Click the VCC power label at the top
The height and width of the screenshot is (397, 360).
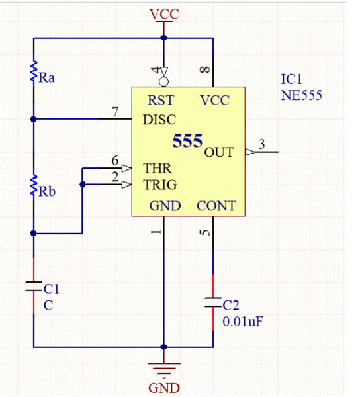[163, 14]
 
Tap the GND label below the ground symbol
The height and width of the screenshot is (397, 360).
[163, 388]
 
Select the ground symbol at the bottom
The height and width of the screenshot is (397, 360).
[163, 368]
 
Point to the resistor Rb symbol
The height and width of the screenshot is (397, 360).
[33, 187]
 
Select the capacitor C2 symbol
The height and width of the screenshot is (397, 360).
[213, 304]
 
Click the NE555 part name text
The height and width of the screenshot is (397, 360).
[301, 95]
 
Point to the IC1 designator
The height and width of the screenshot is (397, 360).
[292, 79]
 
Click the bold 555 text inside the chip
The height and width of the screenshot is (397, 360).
[187, 141]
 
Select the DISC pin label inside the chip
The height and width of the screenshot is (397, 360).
[159, 120]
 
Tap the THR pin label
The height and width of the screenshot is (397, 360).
[157, 169]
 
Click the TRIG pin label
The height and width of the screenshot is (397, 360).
[160, 184]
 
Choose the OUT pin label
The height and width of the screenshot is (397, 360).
[218, 153]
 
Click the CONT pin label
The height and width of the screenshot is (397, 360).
[216, 206]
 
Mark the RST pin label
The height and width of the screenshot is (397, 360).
[160, 101]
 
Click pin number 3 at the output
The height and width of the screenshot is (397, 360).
[262, 144]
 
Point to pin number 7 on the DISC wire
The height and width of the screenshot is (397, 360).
[115, 112]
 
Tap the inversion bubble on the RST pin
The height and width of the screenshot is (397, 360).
[163, 83]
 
